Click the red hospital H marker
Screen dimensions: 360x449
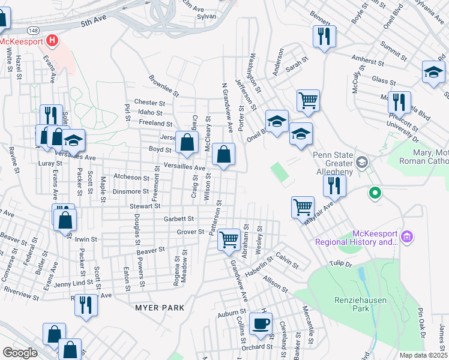click(x=52, y=41)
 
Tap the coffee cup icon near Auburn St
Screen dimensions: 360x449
click(x=261, y=324)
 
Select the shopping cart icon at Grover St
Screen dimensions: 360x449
click(x=229, y=239)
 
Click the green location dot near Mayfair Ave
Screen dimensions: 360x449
click(x=375, y=193)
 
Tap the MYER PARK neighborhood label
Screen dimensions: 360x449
click(x=159, y=308)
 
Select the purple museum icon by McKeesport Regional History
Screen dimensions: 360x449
click(x=406, y=237)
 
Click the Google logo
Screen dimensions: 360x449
click(x=19, y=352)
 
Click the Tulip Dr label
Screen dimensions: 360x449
click(x=339, y=263)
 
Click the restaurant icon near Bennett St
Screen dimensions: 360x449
click(x=324, y=36)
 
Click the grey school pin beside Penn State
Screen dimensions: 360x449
click(x=362, y=162)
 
